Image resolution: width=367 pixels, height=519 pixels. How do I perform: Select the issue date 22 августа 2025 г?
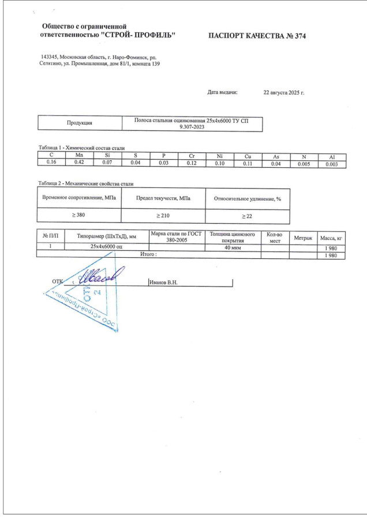pyautogui.click(x=283, y=92)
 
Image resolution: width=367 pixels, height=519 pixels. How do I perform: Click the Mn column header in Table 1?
pyautogui.click(x=79, y=156)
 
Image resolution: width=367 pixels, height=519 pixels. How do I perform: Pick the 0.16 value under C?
pyautogui.click(x=51, y=163)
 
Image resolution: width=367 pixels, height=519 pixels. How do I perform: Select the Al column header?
pyautogui.click(x=332, y=157)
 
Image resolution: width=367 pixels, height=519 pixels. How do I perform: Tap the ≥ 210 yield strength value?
pyautogui.click(x=163, y=215)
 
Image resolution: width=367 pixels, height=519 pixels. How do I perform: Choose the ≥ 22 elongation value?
pyautogui.click(x=246, y=215)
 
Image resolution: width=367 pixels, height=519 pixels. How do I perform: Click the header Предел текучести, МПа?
pyautogui.click(x=163, y=198)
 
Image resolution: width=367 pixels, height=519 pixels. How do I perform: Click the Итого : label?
pyautogui.click(x=149, y=254)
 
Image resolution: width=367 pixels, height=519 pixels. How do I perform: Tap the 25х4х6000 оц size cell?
pyautogui.click(x=107, y=247)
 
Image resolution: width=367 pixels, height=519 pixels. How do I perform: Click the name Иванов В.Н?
pyautogui.click(x=163, y=283)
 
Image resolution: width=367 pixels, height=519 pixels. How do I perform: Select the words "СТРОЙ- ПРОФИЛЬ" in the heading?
pyautogui.click(x=138, y=35)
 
